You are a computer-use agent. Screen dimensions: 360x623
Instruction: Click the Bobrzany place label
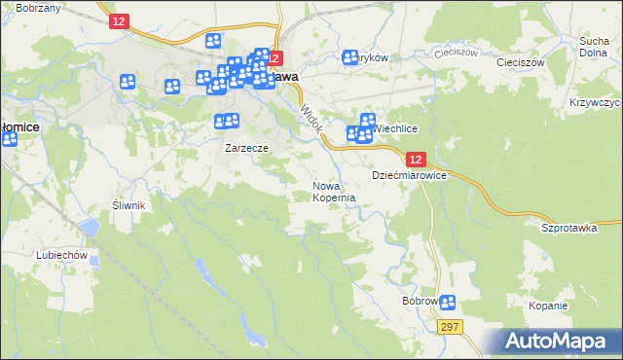click(40, 8)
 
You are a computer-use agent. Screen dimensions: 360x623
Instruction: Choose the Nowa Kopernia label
click(333, 191)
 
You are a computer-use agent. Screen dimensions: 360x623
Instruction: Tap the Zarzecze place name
click(246, 149)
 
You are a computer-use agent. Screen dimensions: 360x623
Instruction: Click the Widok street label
click(311, 120)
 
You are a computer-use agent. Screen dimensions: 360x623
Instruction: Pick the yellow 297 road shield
click(448, 328)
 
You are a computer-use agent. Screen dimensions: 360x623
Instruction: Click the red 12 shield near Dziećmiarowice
click(416, 160)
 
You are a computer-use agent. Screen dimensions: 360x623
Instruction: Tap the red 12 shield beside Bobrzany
click(117, 20)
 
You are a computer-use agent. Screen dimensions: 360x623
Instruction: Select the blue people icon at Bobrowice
click(447, 303)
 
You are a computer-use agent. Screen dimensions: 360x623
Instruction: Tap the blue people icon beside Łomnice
click(9, 139)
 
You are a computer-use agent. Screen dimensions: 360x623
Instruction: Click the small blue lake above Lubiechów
click(90, 228)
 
